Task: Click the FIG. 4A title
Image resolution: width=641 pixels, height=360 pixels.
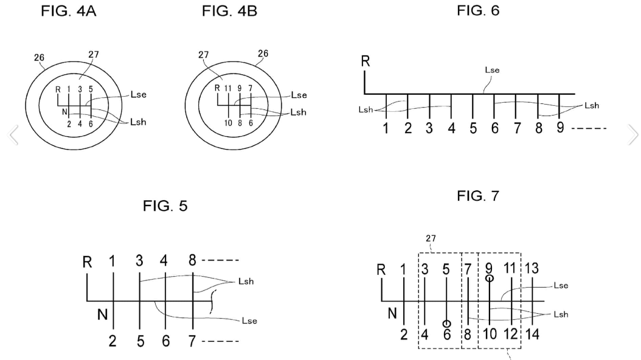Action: (68, 11)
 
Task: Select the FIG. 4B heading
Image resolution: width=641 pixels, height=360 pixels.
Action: (229, 11)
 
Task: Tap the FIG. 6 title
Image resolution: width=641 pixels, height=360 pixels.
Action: (478, 10)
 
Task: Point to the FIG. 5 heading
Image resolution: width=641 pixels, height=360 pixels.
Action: (165, 206)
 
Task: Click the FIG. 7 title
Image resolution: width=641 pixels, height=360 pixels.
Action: (478, 196)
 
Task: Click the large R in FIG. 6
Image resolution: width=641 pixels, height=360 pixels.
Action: (366, 61)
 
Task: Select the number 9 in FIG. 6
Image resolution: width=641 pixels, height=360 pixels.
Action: (560, 128)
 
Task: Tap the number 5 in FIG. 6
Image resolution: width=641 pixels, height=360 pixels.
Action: (473, 128)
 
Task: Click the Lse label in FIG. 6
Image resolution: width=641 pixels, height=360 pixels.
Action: (492, 71)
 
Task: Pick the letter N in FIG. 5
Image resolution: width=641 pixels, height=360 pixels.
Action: (103, 314)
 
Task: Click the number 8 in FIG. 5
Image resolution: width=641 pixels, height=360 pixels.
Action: (192, 260)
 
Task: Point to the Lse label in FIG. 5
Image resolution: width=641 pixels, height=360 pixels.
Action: (249, 320)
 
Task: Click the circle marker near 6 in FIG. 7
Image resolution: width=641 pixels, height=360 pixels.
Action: (446, 324)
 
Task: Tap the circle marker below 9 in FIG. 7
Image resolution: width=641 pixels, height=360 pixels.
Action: (490, 279)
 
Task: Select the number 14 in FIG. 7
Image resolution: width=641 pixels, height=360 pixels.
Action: (532, 334)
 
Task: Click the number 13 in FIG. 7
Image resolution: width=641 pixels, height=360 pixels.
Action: (532, 268)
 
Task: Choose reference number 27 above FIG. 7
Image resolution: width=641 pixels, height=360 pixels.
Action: (431, 238)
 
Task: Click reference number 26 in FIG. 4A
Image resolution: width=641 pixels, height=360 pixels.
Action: (39, 58)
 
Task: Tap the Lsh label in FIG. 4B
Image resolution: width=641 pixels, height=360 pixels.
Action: (299, 112)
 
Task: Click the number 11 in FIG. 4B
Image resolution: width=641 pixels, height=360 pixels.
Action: (227, 88)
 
